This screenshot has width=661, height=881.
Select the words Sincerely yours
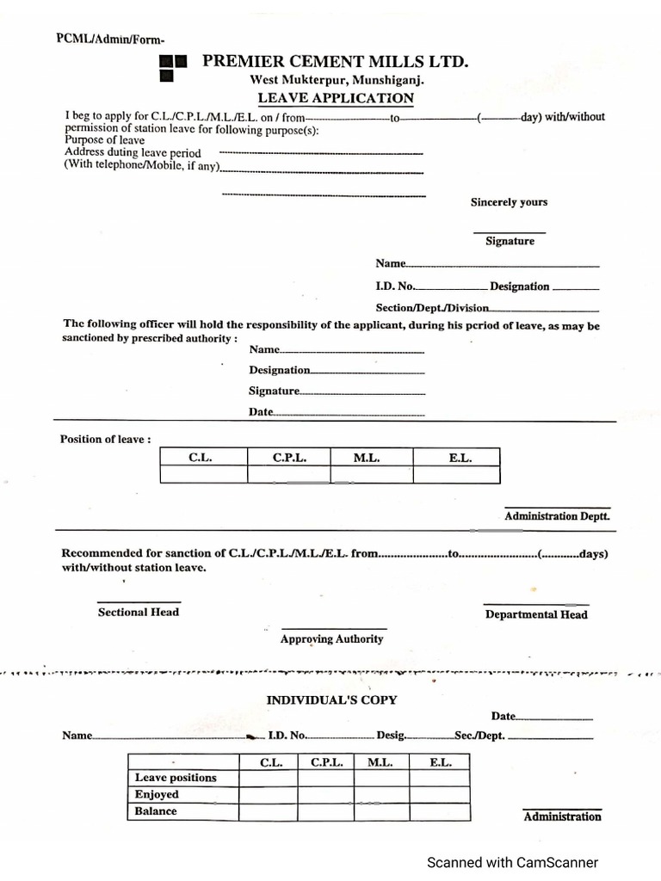click(x=509, y=202)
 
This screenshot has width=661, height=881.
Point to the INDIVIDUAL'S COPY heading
click(x=331, y=700)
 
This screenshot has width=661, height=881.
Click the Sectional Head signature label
click(x=139, y=612)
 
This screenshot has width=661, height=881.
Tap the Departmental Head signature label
click(x=536, y=614)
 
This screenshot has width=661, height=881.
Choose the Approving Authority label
click(x=331, y=639)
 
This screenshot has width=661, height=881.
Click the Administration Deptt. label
click(x=557, y=516)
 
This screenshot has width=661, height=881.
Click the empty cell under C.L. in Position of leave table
click(x=203, y=475)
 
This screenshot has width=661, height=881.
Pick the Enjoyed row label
click(x=157, y=794)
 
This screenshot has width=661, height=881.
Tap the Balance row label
click(x=156, y=811)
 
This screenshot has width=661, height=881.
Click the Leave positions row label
click(x=176, y=778)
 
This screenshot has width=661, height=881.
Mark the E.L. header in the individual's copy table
click(x=439, y=762)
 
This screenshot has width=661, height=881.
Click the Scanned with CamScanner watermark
click(x=513, y=862)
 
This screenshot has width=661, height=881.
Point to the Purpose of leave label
click(x=104, y=140)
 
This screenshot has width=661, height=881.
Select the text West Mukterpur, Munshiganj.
click(x=337, y=79)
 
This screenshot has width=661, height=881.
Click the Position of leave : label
click(x=105, y=439)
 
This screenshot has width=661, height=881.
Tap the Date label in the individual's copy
click(x=503, y=716)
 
